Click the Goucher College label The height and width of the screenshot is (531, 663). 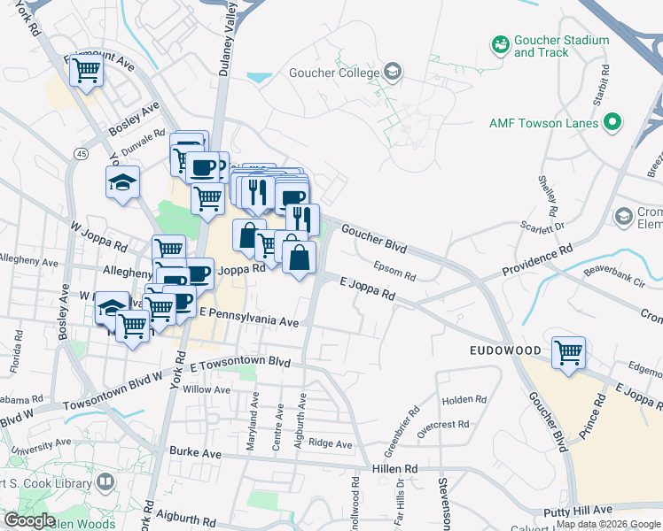click(331, 72)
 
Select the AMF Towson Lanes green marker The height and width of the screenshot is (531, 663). click(612, 123)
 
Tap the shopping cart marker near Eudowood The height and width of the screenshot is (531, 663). click(567, 351)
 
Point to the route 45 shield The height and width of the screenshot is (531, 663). click(82, 154)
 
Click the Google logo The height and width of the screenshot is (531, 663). click(30, 520)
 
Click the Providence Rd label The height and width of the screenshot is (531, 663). click(539, 262)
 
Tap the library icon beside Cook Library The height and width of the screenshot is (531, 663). click(105, 482)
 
